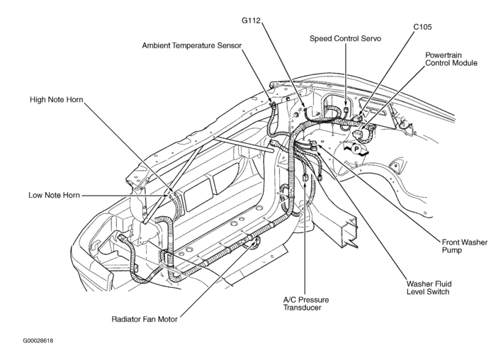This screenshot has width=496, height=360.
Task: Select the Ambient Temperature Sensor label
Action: pos(192,45)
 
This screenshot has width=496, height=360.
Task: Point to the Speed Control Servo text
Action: pos(346,39)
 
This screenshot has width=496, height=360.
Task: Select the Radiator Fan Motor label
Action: pos(145,319)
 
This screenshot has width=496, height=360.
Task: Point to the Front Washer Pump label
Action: pos(464,247)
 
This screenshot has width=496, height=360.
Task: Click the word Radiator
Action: pos(128,319)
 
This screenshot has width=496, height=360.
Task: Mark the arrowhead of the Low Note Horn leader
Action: pos(171,196)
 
